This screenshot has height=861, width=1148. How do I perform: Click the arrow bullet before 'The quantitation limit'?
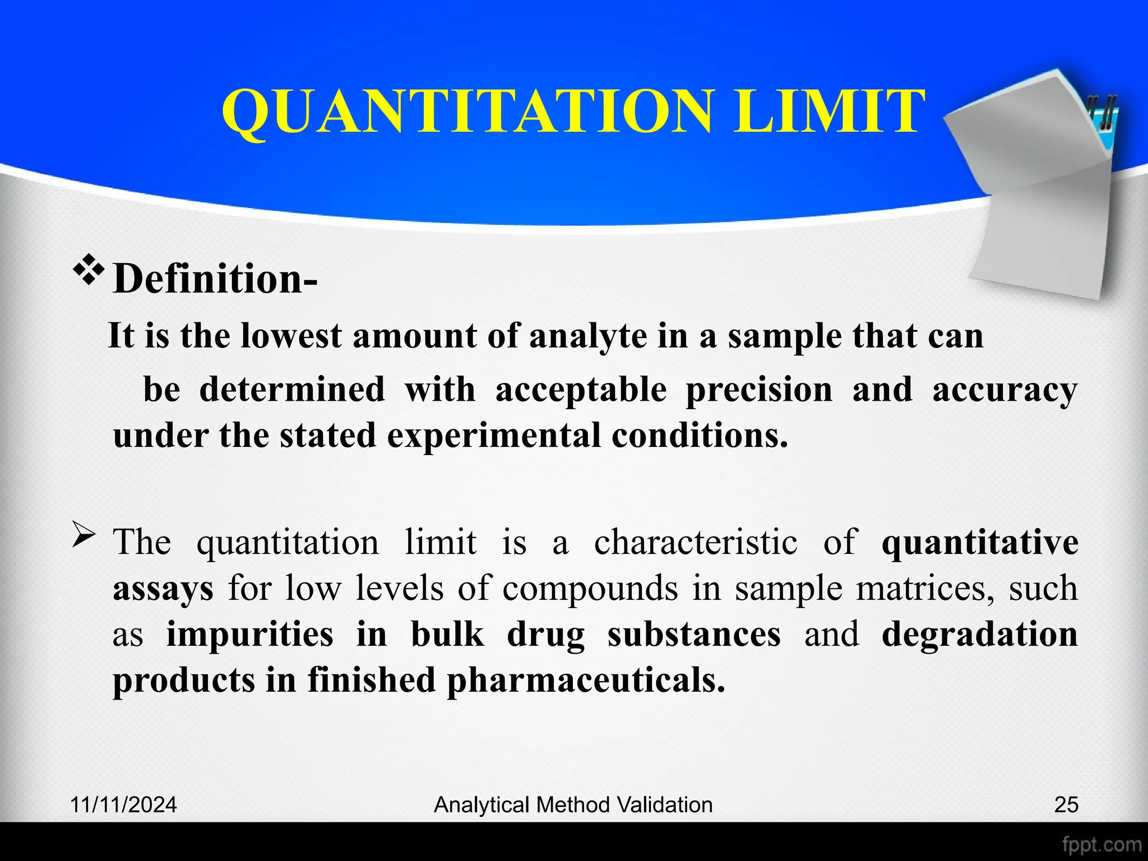(84, 538)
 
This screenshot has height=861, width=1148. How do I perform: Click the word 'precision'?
(759, 390)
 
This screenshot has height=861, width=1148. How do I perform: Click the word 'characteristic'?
(696, 543)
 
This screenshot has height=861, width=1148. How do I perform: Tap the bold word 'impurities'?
(249, 635)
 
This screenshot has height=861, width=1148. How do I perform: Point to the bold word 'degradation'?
(979, 635)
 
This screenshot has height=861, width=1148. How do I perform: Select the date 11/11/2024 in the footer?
(123, 805)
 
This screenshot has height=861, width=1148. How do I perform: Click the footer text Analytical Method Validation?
(573, 805)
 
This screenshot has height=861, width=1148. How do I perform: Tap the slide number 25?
(1066, 805)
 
